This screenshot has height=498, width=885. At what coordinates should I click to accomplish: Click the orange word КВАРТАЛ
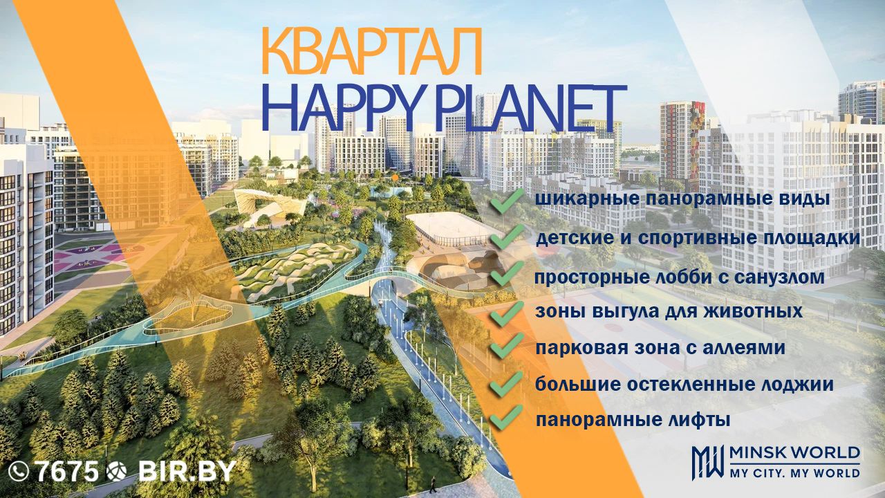tap(371, 51)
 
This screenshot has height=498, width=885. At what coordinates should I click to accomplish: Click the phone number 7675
tap(68, 471)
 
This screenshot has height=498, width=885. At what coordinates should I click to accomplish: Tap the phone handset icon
tap(19, 472)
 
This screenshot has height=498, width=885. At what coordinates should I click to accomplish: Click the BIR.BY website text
tap(187, 471)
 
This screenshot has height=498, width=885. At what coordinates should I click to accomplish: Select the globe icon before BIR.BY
tap(117, 472)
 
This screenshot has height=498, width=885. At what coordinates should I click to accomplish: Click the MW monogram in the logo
tap(707, 463)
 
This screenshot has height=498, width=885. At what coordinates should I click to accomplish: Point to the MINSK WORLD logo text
tap(794, 452)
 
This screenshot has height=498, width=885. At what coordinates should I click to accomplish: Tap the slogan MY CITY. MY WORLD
tap(794, 473)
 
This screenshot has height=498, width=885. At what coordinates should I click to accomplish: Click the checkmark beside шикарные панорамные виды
tap(507, 201)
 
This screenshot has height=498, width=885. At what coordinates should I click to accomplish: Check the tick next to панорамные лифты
tap(507, 417)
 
